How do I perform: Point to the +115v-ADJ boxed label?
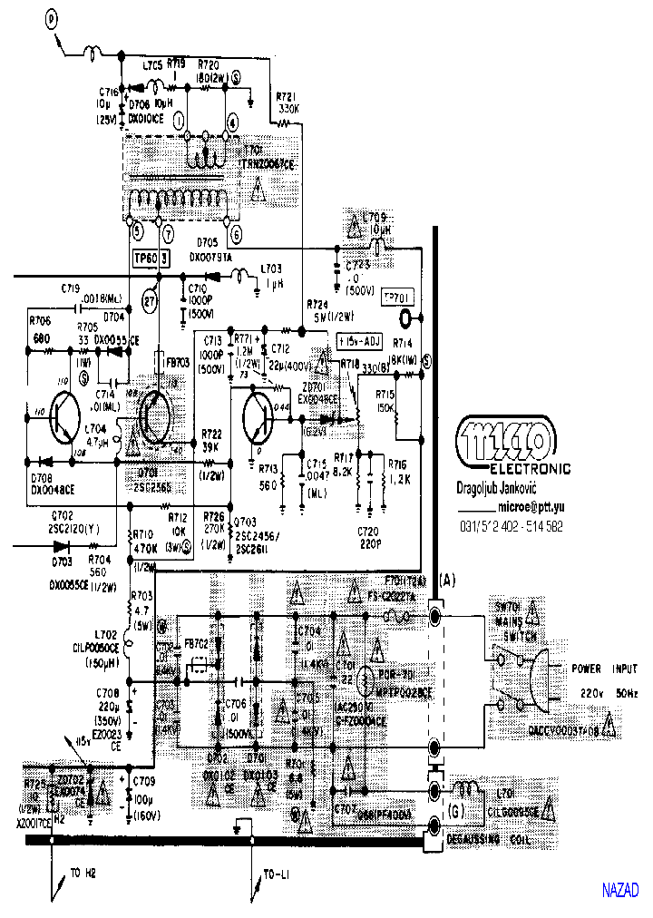coord(357,341)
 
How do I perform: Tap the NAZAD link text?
coord(620,890)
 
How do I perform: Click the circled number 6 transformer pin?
coord(235,233)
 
